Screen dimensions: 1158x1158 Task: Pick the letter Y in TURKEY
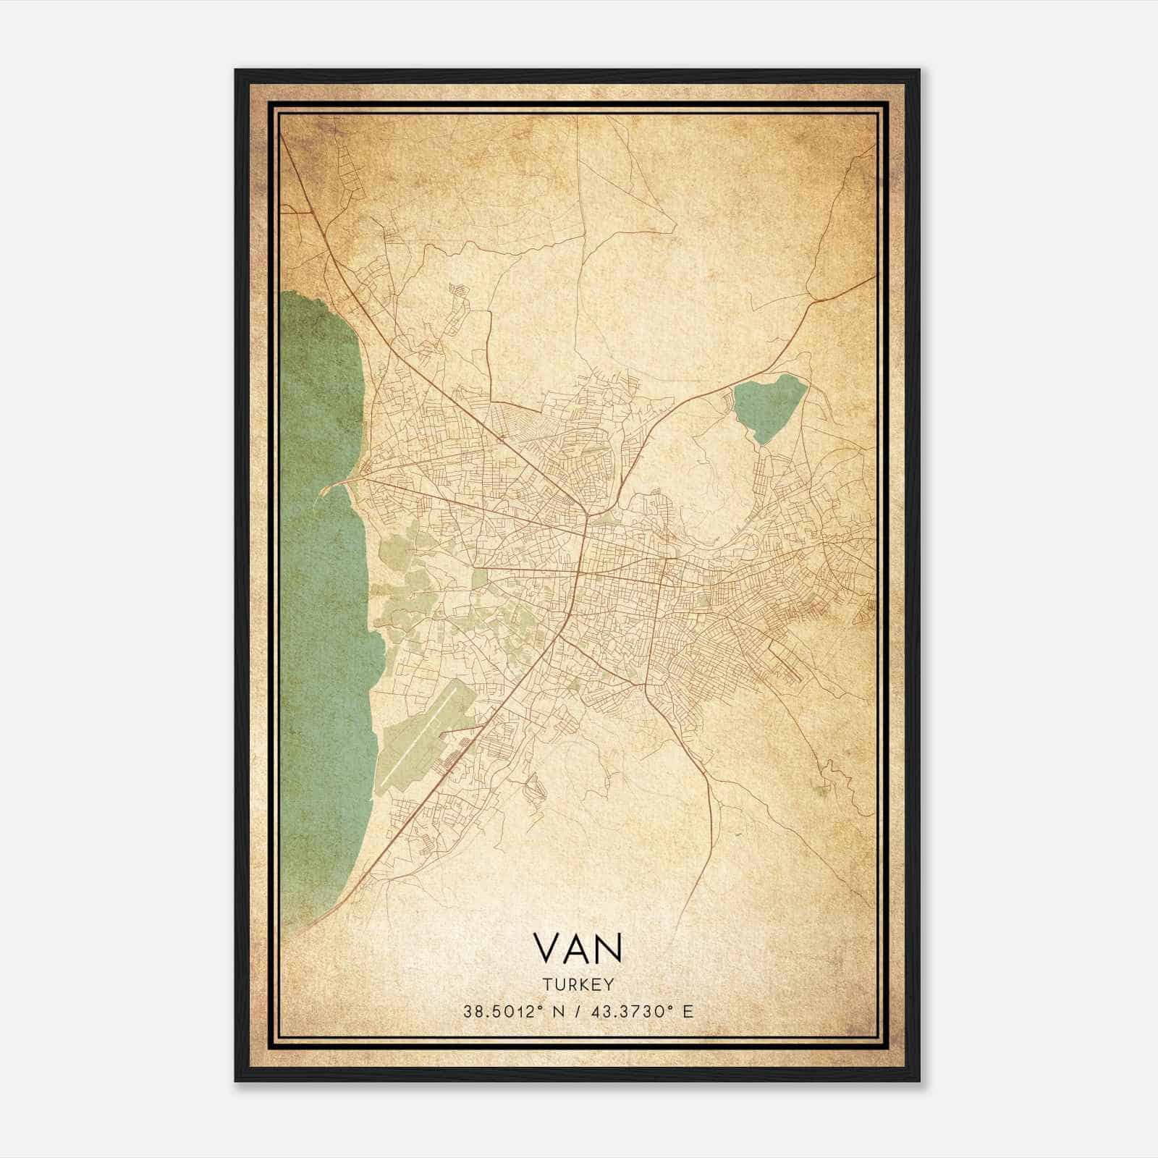pyautogui.click(x=609, y=984)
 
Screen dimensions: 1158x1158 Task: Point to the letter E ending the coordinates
pyautogui.click(x=688, y=1011)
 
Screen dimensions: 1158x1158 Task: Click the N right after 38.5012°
pyautogui.click(x=559, y=1011)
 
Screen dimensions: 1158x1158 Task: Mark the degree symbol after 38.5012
pyautogui.click(x=541, y=1007)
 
